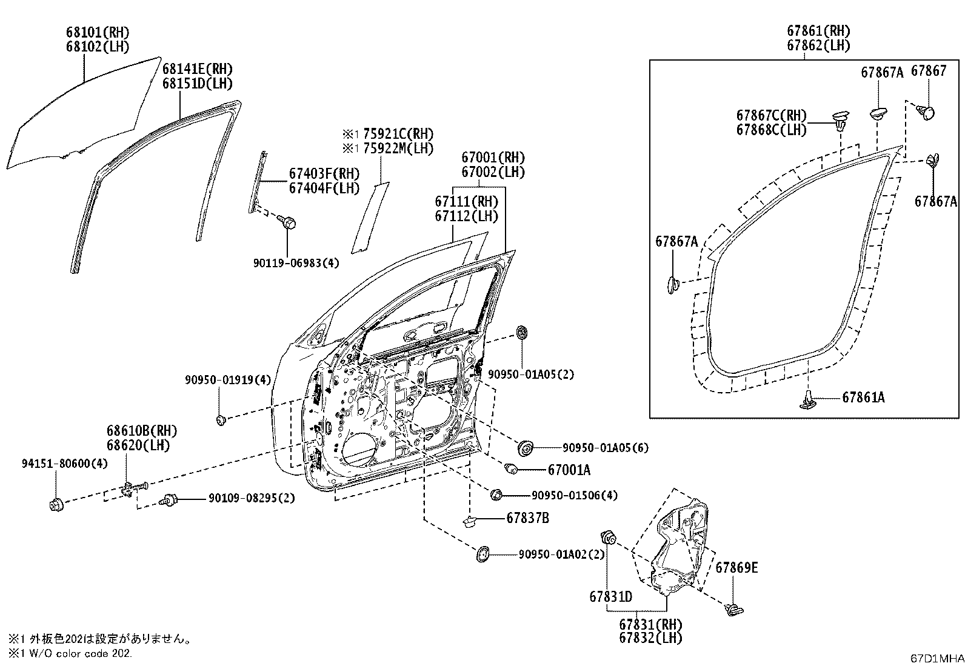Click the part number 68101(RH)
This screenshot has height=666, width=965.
click(98, 32)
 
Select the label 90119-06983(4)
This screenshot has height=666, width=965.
click(296, 262)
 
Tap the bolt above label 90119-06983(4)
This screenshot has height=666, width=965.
click(287, 222)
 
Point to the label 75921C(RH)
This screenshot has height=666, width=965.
click(397, 134)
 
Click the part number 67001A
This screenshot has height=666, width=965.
click(569, 470)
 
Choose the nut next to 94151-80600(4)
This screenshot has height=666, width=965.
click(56, 504)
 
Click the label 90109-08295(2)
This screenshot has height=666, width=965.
click(252, 498)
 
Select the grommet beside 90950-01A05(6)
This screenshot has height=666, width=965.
click(525, 448)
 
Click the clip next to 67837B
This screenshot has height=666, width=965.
click(469, 520)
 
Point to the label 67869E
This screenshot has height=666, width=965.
click(736, 568)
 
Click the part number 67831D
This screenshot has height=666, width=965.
click(610, 597)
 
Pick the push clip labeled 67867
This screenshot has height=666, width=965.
click(926, 112)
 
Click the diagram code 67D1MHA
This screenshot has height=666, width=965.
click(937, 658)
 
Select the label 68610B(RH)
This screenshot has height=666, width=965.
click(142, 431)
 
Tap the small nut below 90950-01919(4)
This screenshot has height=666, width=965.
click(221, 419)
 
